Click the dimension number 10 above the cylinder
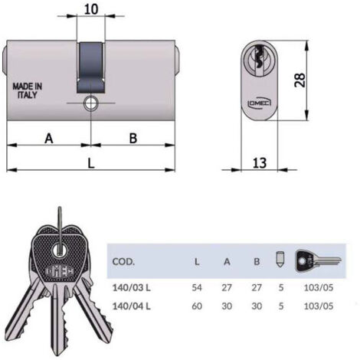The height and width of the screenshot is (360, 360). [x=91, y=9]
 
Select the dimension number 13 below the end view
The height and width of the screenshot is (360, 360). [x=260, y=162]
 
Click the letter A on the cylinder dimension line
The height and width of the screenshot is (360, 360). [x=49, y=139]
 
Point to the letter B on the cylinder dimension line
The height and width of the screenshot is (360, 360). [x=133, y=138]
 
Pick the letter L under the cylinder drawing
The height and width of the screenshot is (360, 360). [x=91, y=163]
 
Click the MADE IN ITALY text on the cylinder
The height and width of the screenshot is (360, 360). [x=28, y=90]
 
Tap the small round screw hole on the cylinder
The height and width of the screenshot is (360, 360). [x=90, y=103]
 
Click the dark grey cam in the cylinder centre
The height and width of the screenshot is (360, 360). [x=91, y=67]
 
